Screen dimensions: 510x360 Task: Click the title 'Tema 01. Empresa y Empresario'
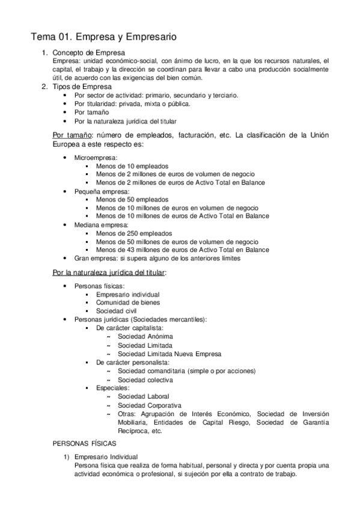point(103,37)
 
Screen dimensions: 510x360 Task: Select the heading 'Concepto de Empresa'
point(88,53)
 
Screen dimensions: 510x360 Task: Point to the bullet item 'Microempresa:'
point(96,158)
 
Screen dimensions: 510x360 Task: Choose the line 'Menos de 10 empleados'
point(132,166)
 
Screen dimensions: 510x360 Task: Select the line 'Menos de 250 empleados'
point(134,233)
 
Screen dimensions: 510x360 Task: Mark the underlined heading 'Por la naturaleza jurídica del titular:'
point(109,273)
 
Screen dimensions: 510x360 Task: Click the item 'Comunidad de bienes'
point(128,303)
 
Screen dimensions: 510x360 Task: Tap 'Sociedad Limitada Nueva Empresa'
point(169,354)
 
